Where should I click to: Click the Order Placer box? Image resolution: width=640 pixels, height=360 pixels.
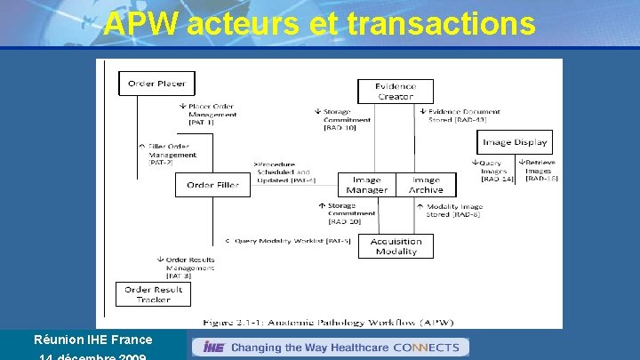pyautogui.click(x=156, y=84)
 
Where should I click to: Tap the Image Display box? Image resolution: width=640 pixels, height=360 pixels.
pyautogui.click(x=515, y=142)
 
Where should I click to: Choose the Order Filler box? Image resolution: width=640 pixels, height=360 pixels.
pyautogui.click(x=212, y=185)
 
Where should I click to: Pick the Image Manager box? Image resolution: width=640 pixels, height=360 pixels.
pyautogui.click(x=366, y=185)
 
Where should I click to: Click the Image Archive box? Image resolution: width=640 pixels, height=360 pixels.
pyautogui.click(x=426, y=185)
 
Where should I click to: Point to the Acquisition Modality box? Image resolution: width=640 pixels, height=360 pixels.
pyautogui.click(x=396, y=246)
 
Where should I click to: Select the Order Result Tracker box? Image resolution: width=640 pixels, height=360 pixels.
pyautogui.click(x=153, y=294)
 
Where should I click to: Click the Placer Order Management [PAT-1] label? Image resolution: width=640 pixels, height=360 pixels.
pyautogui.click(x=212, y=114)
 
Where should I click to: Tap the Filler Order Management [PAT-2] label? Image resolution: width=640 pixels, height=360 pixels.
pyautogui.click(x=172, y=154)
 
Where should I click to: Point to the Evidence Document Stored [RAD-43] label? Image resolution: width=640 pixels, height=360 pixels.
pyautogui.click(x=463, y=116)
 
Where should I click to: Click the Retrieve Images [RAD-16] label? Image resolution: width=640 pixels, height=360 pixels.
pyautogui.click(x=540, y=170)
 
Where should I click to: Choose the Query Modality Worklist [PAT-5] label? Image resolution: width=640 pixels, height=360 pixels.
pyautogui.click(x=288, y=240)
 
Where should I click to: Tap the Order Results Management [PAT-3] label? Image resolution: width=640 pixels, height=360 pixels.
pyautogui.click(x=188, y=268)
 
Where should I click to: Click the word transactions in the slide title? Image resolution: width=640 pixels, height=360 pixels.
pyautogui.click(x=442, y=25)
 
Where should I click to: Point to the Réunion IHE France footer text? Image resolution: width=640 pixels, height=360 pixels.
pyautogui.click(x=92, y=340)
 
